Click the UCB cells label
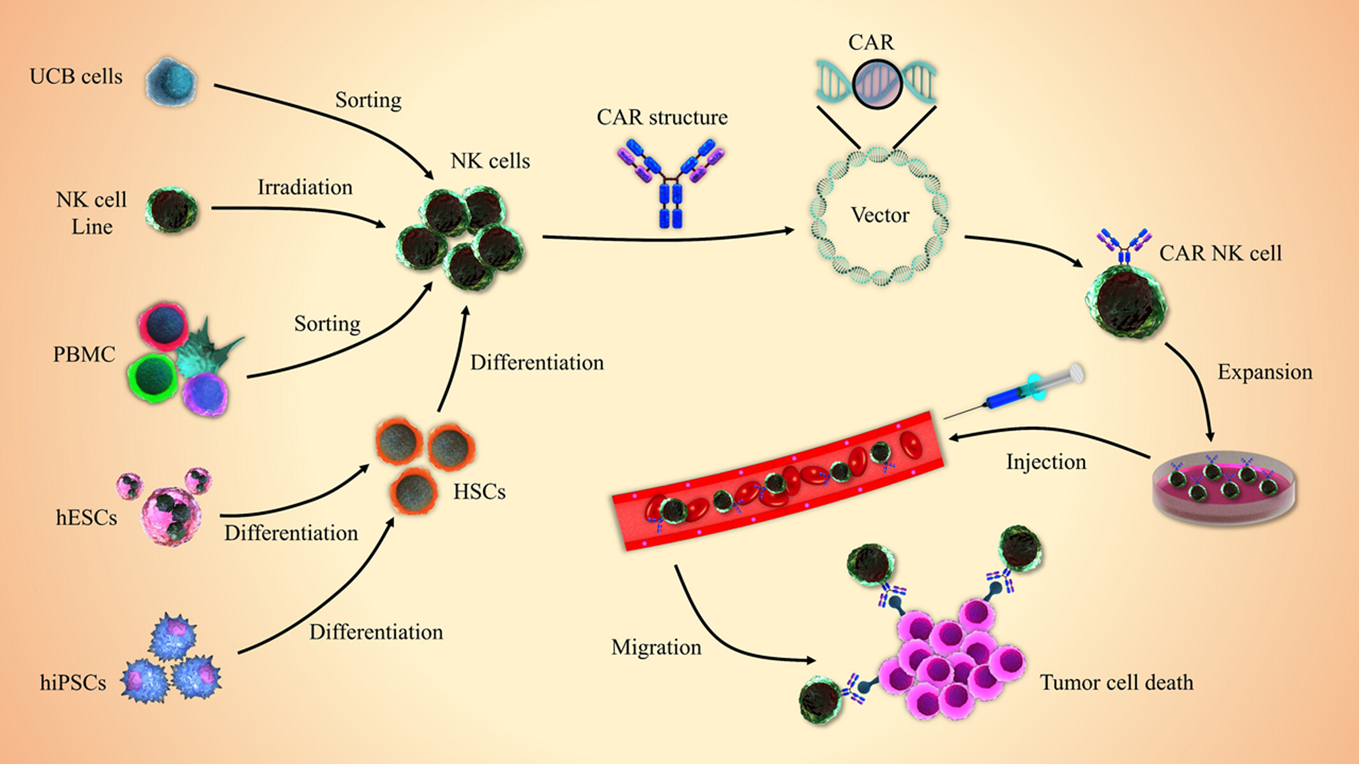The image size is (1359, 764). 76,77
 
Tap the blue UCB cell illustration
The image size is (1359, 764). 171,82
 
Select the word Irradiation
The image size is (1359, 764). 305,188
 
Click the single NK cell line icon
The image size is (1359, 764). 171,210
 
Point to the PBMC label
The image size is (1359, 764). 84,354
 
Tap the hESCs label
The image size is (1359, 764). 86,518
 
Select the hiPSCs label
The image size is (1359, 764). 73,683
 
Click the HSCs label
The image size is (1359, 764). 479,492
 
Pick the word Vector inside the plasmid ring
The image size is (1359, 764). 879,215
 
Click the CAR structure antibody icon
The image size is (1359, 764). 671,182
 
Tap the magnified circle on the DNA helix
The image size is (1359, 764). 877,84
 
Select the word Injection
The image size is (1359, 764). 1046,462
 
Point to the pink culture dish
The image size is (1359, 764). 1224,490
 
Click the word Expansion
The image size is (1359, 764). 1264,372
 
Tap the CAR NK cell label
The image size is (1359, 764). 1220,253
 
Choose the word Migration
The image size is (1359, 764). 656,647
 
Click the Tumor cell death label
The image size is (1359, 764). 1116,682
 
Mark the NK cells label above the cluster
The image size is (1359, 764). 490,161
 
